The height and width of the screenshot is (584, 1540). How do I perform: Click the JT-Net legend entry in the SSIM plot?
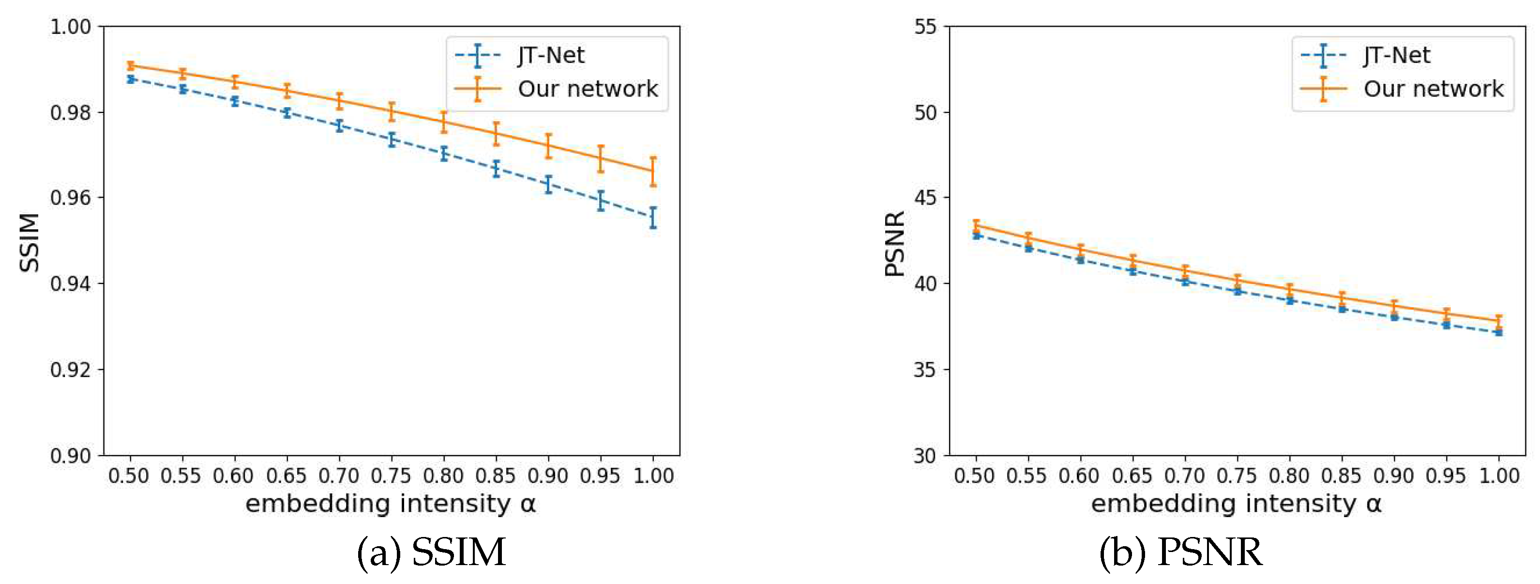pos(550,56)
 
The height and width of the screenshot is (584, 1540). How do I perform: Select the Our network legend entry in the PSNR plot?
pos(1433,89)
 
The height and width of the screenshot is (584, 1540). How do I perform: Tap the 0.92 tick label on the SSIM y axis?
pos(70,370)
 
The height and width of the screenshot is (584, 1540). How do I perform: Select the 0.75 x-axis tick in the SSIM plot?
pos(391,476)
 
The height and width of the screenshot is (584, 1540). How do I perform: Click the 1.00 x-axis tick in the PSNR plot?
pos(1498,476)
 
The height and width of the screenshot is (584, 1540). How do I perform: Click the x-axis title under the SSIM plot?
pos(391,504)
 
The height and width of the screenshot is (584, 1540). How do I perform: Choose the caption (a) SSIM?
pos(431,552)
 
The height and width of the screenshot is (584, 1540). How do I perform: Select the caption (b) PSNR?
pos(1181,552)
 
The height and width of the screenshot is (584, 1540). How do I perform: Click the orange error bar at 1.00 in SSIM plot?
pos(653,171)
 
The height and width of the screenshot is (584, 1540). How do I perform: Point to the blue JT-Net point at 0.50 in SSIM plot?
pos(130,79)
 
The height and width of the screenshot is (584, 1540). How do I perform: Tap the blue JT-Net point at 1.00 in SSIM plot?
pos(653,217)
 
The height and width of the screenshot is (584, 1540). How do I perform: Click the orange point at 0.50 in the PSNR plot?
pos(976,225)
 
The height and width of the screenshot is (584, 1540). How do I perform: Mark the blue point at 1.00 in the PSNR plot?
pos(1498,332)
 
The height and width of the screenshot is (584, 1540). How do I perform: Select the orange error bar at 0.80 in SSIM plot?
pos(444,122)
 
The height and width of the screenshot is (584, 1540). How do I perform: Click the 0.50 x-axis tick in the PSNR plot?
pos(974,476)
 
